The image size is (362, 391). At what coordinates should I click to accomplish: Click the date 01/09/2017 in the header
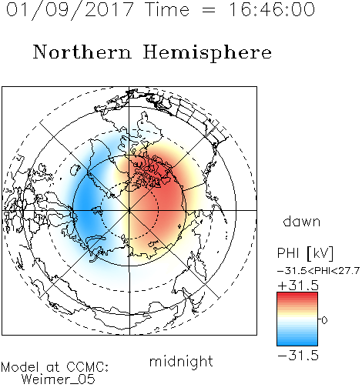coord(69,10)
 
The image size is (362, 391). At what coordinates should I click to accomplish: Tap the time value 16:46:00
coord(272,9)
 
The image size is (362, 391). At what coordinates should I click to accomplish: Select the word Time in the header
coord(167,9)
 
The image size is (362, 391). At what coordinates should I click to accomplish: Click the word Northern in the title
coord(82,52)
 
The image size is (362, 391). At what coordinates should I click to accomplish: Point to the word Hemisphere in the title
coord(207,53)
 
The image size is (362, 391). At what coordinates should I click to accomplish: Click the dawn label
coord(302,221)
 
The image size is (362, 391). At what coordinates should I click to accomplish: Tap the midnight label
coord(181,361)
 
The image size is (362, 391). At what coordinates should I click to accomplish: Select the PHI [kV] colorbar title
coord(305,253)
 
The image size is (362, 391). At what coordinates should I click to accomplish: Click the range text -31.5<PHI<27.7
coord(318,271)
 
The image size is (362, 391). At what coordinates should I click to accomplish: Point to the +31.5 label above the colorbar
coord(298,286)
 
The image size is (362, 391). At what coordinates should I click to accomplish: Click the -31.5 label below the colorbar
coord(298,356)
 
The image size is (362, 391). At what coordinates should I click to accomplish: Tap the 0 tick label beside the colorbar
coord(324,320)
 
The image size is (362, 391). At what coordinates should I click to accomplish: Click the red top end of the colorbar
coord(297,295)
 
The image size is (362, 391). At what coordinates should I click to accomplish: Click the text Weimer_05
coord(59,379)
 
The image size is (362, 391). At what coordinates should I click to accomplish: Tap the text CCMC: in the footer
coord(88,367)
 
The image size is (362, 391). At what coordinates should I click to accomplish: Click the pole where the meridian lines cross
coord(129,210)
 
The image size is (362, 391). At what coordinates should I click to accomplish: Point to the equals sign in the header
coord(209,10)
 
